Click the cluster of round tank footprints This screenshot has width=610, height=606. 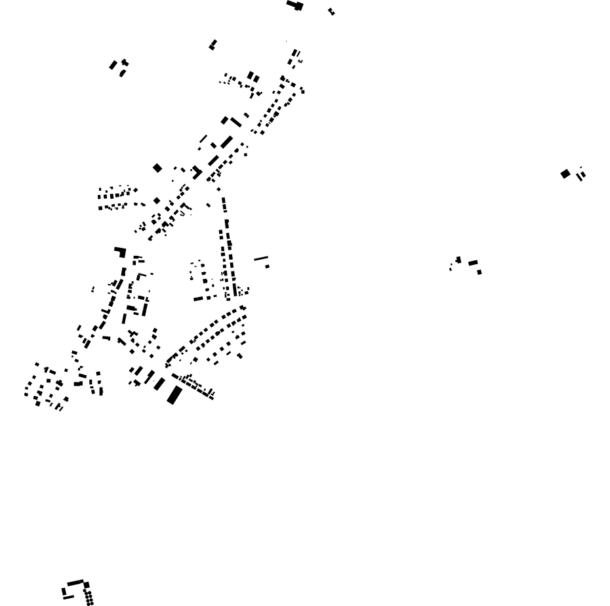(89, 597)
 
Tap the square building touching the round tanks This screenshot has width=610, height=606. (86, 585)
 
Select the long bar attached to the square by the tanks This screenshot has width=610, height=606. (75, 583)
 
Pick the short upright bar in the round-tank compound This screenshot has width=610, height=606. (64, 591)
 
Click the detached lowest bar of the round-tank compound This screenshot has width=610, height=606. (68, 597)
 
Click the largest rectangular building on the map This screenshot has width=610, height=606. (174, 395)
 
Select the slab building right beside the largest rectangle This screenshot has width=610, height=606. (159, 384)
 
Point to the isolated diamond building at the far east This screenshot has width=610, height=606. (565, 174)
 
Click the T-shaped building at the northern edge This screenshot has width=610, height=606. (296, 5)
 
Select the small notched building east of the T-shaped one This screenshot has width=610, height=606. (331, 11)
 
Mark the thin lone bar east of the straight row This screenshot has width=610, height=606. (261, 258)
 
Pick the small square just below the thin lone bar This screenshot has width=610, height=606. (267, 266)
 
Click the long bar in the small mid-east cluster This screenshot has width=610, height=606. (473, 263)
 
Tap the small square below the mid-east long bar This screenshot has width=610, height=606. (479, 272)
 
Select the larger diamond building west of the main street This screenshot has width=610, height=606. (157, 169)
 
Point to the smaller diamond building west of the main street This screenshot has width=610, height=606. (157, 201)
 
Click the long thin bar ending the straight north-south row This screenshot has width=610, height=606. (234, 289)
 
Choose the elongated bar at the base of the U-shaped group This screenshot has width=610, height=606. (198, 299)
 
